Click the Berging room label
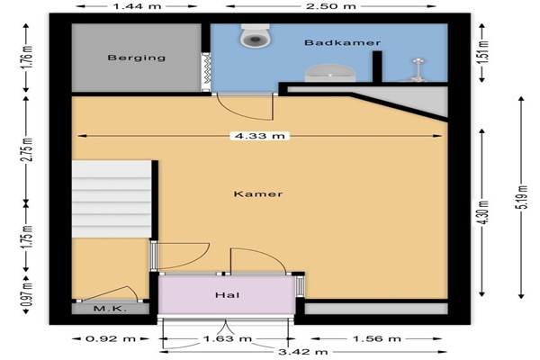click(137, 58)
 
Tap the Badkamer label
click(343, 42)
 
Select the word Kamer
click(258, 194)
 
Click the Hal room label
click(228, 295)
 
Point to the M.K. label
click(110, 309)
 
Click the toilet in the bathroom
click(256, 35)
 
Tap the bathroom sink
click(330, 73)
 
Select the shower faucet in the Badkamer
click(418, 70)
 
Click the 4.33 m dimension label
click(260, 136)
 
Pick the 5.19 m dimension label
click(523, 197)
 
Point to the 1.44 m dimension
click(137, 6)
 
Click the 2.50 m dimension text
click(331, 6)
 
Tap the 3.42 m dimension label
click(302, 352)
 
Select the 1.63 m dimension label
click(228, 338)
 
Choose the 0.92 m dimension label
click(110, 338)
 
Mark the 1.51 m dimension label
click(484, 51)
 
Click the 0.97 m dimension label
click(27, 294)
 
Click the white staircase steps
click(112, 199)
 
